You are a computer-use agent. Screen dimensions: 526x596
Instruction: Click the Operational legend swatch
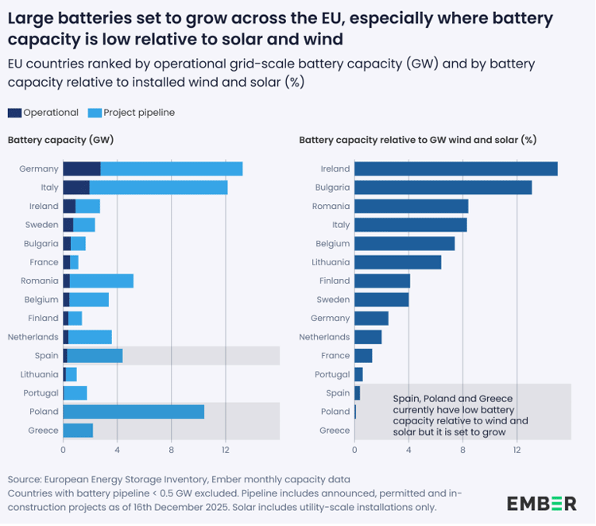coord(14,113)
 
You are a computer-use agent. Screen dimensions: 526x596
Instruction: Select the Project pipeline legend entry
coord(139,113)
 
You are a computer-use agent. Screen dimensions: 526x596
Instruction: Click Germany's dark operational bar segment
coord(82,168)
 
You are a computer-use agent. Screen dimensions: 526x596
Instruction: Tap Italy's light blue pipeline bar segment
coord(158,188)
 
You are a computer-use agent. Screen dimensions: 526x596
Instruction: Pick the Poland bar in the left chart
coord(134,412)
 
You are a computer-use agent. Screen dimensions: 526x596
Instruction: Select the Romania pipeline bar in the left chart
coord(102,280)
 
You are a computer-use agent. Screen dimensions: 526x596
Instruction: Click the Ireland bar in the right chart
coord(455,168)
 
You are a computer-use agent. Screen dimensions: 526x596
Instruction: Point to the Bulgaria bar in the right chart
coord(443,188)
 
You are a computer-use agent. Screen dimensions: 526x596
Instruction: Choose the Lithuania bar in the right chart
coord(397,262)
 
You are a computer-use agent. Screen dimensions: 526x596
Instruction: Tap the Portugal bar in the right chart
coord(358,374)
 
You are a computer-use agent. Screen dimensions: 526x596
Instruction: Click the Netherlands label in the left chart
coord(33,337)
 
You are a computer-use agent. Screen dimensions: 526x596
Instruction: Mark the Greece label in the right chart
coord(334,431)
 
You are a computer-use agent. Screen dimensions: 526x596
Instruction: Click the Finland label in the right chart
coord(334,280)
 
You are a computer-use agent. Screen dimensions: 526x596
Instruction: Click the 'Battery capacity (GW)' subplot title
coord(60,140)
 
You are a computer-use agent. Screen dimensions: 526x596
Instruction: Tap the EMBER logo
coord(542,503)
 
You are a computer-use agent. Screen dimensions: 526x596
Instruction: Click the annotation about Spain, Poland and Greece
coord(461,415)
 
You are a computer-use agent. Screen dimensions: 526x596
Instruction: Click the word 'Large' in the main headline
coord(33,18)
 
